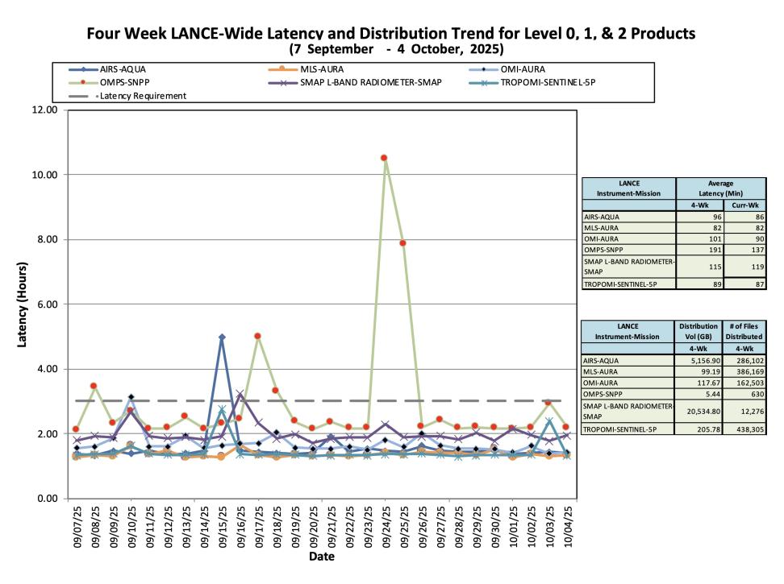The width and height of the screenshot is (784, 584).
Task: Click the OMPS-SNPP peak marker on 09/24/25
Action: pyautogui.click(x=384, y=158)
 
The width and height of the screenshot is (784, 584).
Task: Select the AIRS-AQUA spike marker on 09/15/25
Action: pyautogui.click(x=222, y=337)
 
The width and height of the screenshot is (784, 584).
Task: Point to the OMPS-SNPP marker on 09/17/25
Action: pyautogui.click(x=257, y=336)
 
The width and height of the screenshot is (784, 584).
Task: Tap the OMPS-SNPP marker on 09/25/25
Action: pyautogui.click(x=402, y=243)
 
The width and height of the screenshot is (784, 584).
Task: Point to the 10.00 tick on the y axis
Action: pyautogui.click(x=44, y=175)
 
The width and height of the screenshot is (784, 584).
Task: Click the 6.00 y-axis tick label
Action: pyautogui.click(x=47, y=304)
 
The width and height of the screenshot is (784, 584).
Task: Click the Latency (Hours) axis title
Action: pyautogui.click(x=22, y=304)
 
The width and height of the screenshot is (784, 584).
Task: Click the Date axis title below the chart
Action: pyautogui.click(x=322, y=557)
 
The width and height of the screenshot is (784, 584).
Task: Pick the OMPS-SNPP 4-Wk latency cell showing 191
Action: pyautogui.click(x=700, y=250)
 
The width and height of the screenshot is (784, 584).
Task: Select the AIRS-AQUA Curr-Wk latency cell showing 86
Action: pyautogui.click(x=745, y=217)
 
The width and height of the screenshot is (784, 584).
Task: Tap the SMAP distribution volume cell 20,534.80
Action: pyautogui.click(x=698, y=412)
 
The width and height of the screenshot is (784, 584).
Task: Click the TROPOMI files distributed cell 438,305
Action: pyautogui.click(x=744, y=429)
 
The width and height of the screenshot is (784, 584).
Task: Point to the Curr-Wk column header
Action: pyautogui.click(x=745, y=205)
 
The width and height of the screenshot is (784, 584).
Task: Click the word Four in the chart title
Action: pyautogui.click(x=103, y=34)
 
